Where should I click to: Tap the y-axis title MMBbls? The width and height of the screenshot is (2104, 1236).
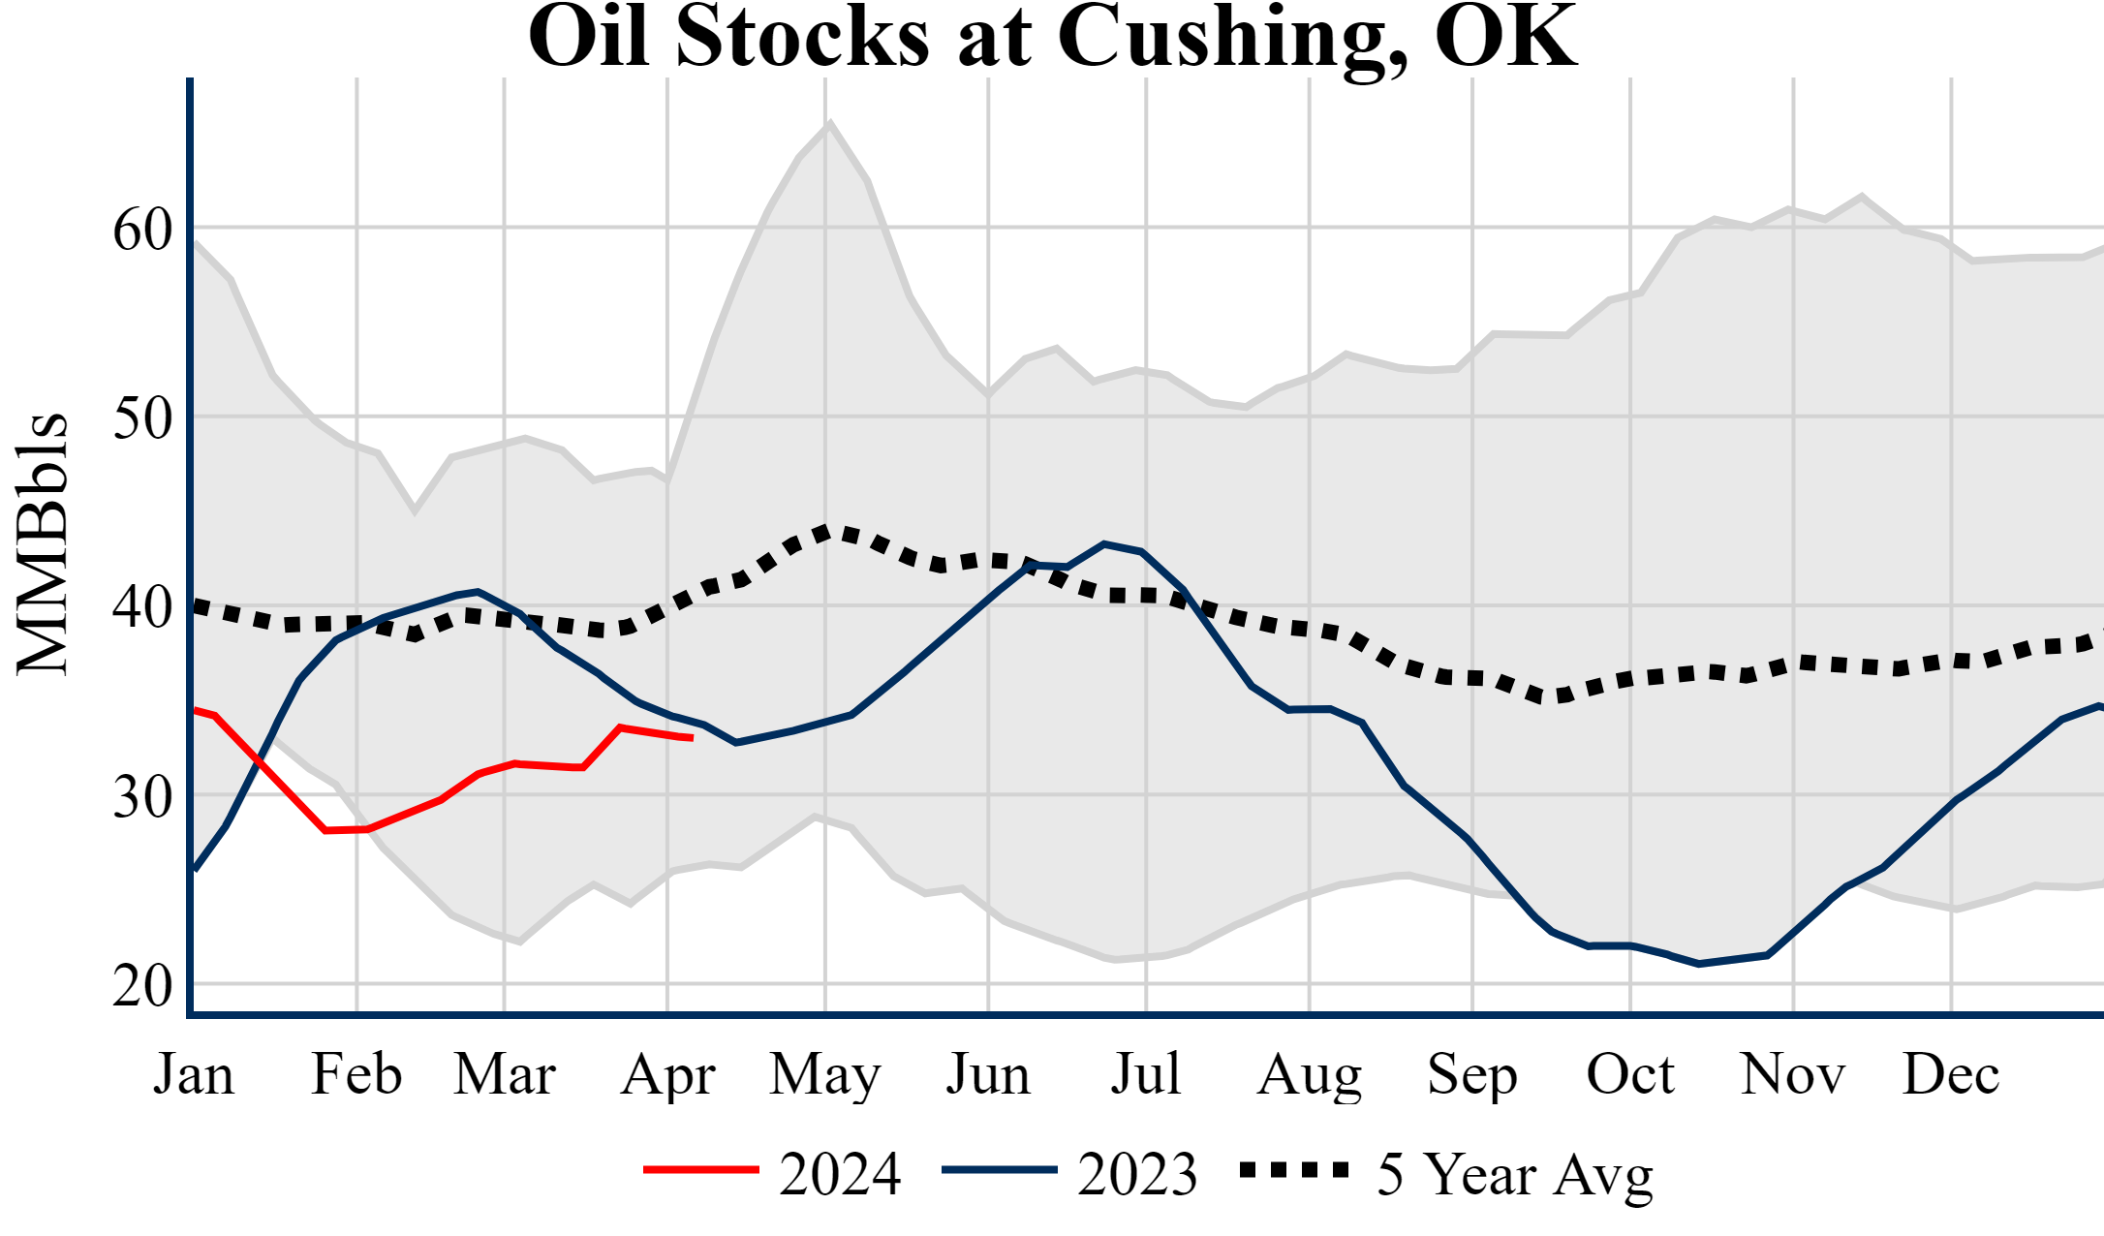pos(43,543)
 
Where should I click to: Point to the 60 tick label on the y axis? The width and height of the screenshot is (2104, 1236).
pos(142,231)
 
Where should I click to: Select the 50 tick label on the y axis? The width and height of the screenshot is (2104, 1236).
pos(142,419)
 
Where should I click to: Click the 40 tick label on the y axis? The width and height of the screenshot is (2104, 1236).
pos(142,608)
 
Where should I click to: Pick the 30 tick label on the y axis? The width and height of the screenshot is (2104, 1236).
pos(142,797)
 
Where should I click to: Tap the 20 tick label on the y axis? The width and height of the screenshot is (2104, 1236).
pos(142,986)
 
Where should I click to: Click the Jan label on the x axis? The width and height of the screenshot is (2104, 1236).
pos(194,1074)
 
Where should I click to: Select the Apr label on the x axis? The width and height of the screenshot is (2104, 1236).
pos(667,1074)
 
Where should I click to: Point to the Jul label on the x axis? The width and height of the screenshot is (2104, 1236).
pos(1146,1074)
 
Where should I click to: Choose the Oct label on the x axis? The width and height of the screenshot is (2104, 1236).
pos(1630,1074)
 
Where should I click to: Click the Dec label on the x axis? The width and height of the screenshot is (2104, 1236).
pos(1951,1074)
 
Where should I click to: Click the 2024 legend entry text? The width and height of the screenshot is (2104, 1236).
pos(840,1174)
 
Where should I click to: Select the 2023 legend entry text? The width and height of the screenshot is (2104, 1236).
pos(1137,1174)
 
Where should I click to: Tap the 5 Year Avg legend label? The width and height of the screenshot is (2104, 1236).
pos(1515,1174)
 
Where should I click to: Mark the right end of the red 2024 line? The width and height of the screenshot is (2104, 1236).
pos(692,738)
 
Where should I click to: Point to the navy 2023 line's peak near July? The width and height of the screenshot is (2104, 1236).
pos(1104,543)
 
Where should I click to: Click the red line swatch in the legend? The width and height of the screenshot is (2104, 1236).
pos(701,1170)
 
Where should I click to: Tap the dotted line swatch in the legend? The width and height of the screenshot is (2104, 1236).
pos(1295,1170)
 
